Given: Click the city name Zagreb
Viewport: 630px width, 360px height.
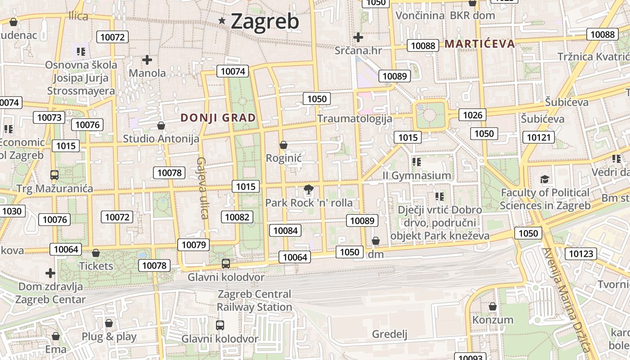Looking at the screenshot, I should tap(265, 21).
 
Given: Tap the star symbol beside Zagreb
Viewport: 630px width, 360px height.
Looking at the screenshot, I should tap(222, 20).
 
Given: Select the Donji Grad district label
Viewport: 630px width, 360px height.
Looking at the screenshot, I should tap(218, 118).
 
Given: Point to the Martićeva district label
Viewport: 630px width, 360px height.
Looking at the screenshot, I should tap(480, 44).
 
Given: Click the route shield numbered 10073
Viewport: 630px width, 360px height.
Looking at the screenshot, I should tap(49, 117).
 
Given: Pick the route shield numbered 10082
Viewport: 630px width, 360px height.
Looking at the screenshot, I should tap(237, 217).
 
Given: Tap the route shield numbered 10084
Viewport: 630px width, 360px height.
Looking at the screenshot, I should tap(285, 231).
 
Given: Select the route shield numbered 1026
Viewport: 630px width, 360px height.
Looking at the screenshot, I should tap(472, 115).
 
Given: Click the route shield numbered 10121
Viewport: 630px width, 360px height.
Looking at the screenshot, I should tap(538, 137).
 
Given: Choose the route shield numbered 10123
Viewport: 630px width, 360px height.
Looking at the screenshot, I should tap(580, 253).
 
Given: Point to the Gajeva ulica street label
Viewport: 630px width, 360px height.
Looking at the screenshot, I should tap(202, 188).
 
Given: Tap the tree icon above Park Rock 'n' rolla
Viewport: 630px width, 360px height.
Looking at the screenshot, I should tap(309, 189).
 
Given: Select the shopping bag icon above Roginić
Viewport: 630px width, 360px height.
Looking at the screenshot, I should tap(283, 145).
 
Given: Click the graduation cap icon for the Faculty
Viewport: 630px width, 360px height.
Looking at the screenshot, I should tap(544, 180).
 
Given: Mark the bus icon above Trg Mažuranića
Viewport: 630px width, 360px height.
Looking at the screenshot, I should tap(54, 175).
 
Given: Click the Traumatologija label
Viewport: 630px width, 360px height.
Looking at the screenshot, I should tap(355, 119).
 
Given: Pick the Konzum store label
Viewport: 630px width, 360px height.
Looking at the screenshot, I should tap(492, 320).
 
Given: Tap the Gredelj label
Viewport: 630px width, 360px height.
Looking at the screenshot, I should tap(389, 334).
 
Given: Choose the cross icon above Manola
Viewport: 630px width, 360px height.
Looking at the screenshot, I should tap(147, 59).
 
